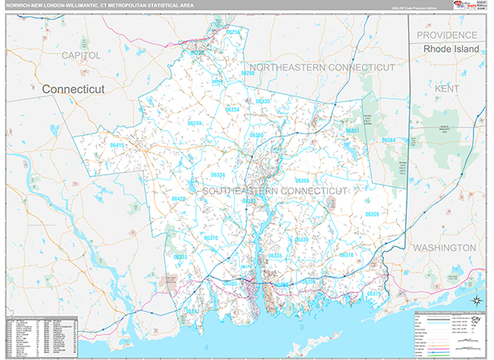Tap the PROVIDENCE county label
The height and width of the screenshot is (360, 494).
447,35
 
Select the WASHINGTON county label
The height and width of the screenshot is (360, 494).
444,247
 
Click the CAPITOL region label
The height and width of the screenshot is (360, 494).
81,54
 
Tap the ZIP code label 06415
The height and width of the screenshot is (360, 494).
118,145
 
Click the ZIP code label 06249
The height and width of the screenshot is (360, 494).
194,123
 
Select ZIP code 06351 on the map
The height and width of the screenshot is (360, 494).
352,131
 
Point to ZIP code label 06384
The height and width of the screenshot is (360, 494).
389,140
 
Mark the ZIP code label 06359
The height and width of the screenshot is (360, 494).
372,214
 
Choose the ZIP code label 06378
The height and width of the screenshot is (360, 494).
347,255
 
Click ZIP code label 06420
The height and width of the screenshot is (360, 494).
179,199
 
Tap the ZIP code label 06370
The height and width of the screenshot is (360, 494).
211,237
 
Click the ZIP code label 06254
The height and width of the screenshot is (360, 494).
233,110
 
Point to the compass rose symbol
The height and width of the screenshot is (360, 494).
475,299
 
